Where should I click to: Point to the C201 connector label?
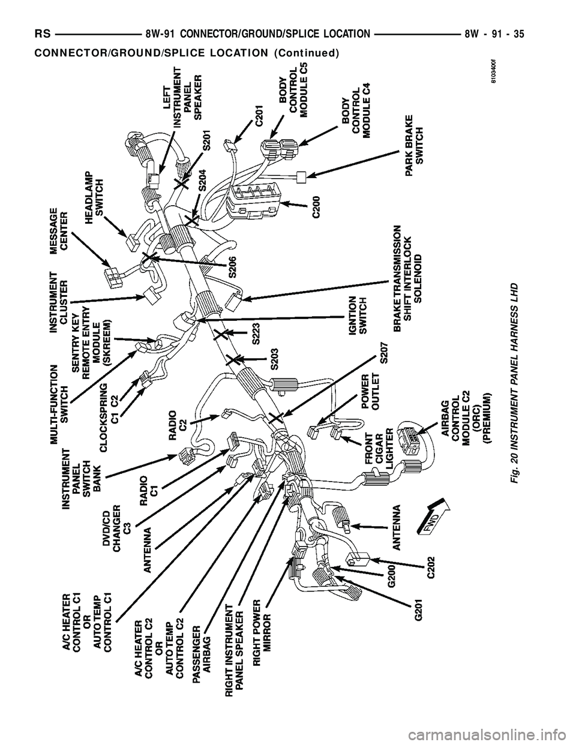coord(260,114)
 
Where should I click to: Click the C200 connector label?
coord(316,206)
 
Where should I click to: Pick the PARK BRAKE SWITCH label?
coord(414,144)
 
